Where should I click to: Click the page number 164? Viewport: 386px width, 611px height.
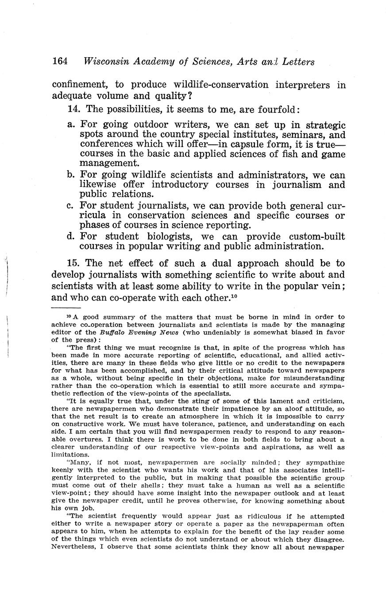click(59, 62)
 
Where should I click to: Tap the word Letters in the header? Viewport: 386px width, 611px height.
click(298, 62)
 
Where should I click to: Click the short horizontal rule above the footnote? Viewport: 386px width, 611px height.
click(66, 307)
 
